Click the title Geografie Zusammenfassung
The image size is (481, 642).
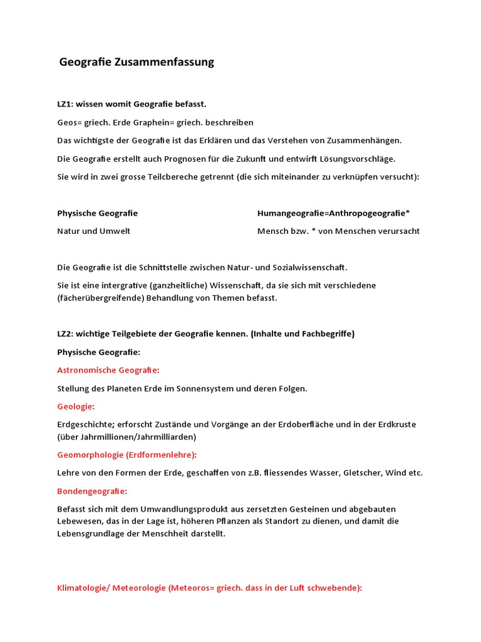pos(137,62)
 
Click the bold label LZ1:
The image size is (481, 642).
pos(66,104)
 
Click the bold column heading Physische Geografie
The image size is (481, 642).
pos(97,213)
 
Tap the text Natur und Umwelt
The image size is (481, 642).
pos(93,231)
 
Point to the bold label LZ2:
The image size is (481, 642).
pos(66,334)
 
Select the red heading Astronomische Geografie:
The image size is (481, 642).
pos(108,371)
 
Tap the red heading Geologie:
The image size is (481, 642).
pos(75,407)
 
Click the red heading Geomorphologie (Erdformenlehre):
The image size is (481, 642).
pos(127,455)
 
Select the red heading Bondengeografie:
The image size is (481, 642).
pos(91,491)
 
